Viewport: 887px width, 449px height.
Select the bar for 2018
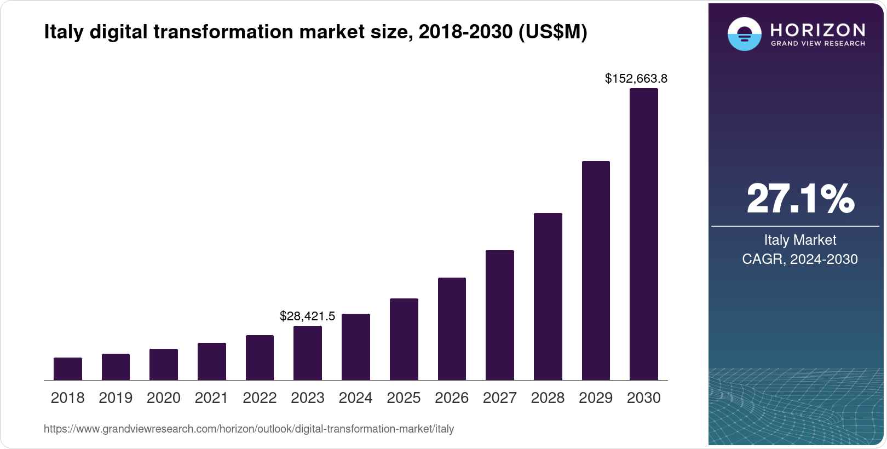[x=68, y=369]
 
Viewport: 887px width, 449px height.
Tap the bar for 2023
[x=308, y=353]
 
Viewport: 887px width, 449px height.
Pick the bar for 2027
[x=500, y=315]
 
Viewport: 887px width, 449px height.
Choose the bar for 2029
[x=596, y=270]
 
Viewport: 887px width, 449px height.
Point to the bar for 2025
[x=404, y=339]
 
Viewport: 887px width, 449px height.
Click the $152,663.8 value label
[x=636, y=79]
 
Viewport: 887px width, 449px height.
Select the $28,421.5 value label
[x=307, y=316]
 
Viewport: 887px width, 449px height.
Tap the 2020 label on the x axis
[x=164, y=398]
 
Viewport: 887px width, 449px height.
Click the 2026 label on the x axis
[x=452, y=398]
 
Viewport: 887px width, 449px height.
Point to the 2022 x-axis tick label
[x=260, y=398]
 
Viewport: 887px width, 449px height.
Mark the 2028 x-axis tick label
[x=548, y=398]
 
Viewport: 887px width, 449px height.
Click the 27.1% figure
[x=800, y=199]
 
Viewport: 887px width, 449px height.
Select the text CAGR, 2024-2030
[x=800, y=259]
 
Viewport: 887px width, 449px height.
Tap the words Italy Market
[x=800, y=240]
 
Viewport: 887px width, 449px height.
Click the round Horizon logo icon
[x=744, y=34]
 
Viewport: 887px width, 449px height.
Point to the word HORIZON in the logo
[x=817, y=30]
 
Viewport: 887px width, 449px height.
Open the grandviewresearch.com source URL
[x=249, y=429]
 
